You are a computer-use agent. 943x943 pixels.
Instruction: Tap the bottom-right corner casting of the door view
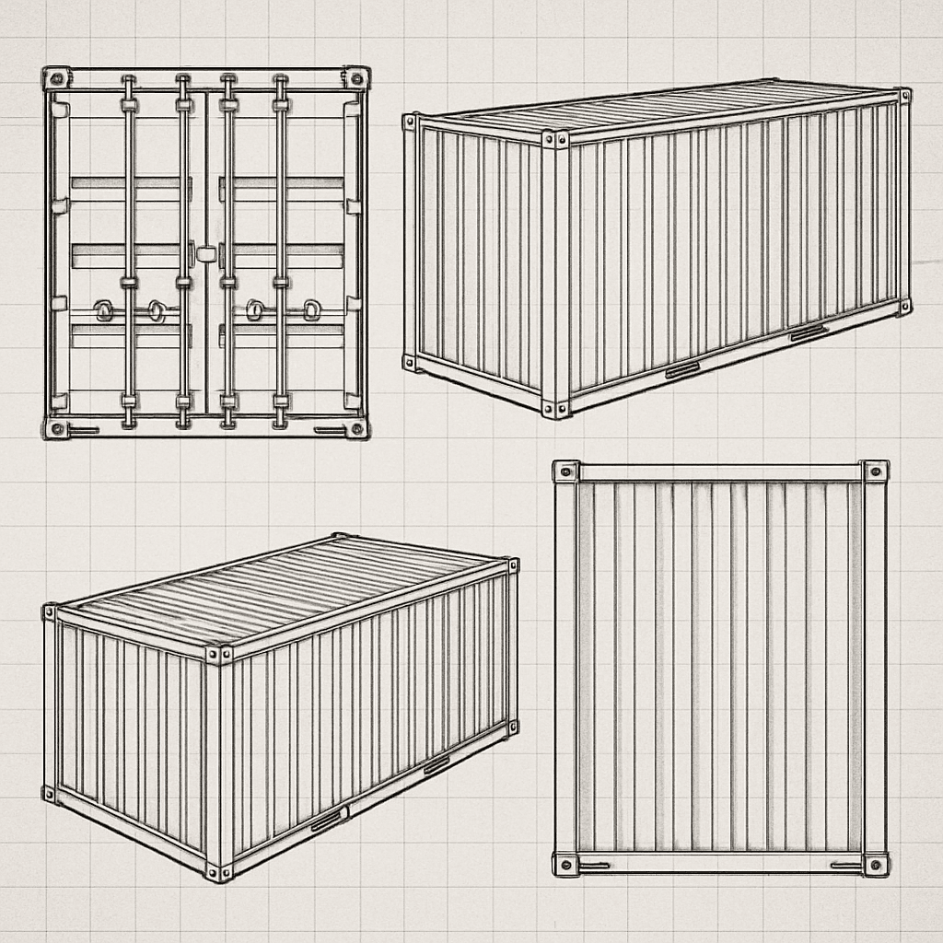click(x=355, y=428)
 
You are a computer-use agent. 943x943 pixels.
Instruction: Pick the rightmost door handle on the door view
click(x=312, y=309)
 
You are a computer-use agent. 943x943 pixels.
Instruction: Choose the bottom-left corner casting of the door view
click(x=56, y=428)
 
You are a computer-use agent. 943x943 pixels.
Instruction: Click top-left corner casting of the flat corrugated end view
click(x=565, y=471)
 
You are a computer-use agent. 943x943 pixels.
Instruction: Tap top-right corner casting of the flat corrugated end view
click(x=875, y=471)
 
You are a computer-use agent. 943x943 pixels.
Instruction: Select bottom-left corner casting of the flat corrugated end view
click(x=565, y=864)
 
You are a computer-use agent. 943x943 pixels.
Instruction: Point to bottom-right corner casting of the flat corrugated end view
click(x=875, y=864)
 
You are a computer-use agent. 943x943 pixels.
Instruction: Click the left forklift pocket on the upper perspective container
click(x=682, y=369)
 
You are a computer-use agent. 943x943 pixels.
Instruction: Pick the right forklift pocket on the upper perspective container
click(x=808, y=332)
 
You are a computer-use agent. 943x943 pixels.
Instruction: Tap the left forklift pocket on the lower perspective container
click(x=328, y=820)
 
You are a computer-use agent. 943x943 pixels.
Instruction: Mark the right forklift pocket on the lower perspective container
click(x=437, y=763)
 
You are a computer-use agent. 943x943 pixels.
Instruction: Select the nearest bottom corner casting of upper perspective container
click(x=555, y=408)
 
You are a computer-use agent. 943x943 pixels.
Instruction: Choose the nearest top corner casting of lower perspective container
click(x=218, y=654)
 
